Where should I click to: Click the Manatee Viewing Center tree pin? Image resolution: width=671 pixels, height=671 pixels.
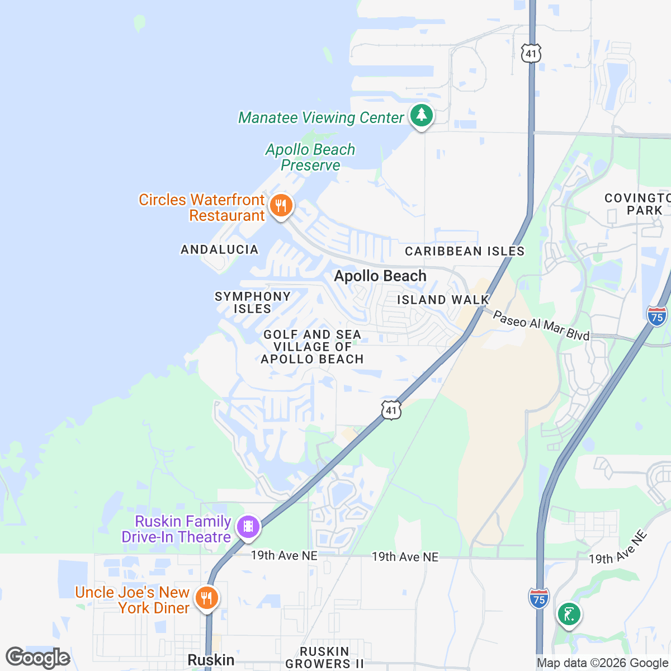coord(422,116)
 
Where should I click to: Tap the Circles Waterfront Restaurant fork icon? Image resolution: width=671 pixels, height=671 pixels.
coord(281,206)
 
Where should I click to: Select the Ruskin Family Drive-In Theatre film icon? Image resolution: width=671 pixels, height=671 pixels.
coord(248,527)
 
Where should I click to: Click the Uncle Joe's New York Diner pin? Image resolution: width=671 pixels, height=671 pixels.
coord(207,599)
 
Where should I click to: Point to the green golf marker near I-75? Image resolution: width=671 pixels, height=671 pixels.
coord(569,615)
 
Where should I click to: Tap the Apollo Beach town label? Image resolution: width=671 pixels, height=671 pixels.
coord(380,276)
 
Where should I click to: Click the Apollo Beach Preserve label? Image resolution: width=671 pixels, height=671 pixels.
coord(310,158)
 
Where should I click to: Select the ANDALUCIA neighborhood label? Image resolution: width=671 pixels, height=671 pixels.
coord(220,249)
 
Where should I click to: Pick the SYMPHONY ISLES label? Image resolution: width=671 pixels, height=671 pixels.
coord(253,303)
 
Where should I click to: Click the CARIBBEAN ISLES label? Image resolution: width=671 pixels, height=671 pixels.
coord(465,251)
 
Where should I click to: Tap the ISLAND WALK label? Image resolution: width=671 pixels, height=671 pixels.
coord(443,300)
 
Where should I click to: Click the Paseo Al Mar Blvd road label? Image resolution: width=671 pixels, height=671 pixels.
coord(541,326)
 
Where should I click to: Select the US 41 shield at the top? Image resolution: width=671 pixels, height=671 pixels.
coord(531,53)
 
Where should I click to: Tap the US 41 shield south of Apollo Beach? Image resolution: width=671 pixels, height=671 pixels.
coord(391,410)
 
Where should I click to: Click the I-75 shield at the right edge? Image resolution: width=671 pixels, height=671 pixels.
coord(657,316)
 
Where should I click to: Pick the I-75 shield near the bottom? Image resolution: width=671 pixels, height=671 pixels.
coord(538,598)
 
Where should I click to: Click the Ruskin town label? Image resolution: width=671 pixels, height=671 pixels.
coord(211,660)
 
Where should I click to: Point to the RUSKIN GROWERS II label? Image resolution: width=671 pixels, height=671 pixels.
coord(325,658)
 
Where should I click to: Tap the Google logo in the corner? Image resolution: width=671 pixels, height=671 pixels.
coord(37,658)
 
